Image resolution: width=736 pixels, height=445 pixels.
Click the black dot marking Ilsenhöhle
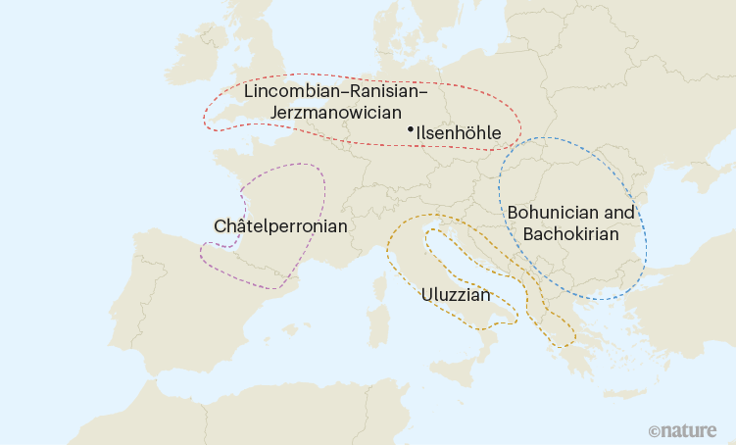410,128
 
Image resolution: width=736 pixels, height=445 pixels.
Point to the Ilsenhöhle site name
459,132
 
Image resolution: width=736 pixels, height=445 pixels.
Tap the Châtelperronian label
280,226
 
